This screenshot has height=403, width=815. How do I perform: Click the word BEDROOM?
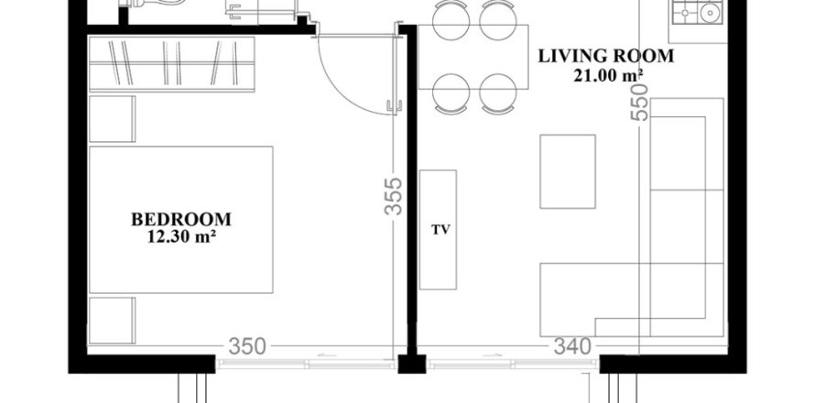point(180,220)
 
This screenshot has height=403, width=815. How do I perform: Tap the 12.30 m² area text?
point(180,236)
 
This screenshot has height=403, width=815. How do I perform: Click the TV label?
point(438,229)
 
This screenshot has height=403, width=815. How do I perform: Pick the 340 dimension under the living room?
point(573,346)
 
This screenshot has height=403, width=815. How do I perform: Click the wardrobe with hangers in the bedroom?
point(171,64)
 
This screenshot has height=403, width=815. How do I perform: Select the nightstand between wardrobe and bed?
point(112,118)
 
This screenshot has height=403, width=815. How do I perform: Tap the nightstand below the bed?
point(112,318)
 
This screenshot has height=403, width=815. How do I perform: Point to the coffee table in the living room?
point(568,171)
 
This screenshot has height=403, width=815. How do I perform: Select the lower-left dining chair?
point(448,92)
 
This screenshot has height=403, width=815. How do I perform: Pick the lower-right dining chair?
point(497,92)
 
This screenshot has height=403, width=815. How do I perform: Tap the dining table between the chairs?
point(472,55)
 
